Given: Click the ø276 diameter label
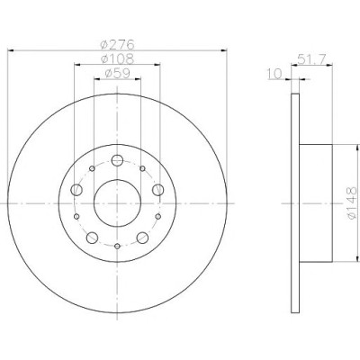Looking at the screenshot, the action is click(x=117, y=45).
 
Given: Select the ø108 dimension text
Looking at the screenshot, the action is click(x=117, y=58).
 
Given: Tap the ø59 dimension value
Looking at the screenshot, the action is click(x=117, y=73).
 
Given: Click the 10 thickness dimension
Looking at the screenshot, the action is click(x=274, y=74).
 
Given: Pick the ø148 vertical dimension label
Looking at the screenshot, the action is click(x=352, y=202).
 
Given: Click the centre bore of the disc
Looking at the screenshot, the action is click(x=117, y=203).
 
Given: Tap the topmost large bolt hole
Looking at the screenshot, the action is click(x=117, y=160).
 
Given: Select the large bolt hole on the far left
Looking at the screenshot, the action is click(x=76, y=190).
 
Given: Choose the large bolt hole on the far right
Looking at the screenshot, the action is click(x=158, y=190).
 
